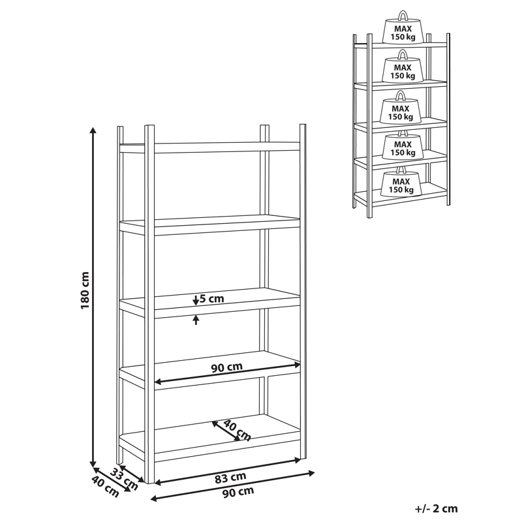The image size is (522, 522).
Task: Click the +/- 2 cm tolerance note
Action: [x=436, y=508]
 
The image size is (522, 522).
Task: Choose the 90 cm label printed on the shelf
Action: [x=226, y=367]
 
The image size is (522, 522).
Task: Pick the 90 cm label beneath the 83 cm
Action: [x=238, y=492]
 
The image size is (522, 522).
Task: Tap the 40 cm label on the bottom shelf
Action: [x=236, y=431]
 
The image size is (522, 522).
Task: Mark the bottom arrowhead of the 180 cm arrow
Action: [x=94, y=459]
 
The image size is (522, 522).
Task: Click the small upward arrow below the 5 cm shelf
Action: [x=196, y=320]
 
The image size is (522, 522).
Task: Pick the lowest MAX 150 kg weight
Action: [x=401, y=183]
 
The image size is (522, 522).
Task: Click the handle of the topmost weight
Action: [x=403, y=15]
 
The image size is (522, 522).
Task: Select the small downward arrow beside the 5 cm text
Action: [x=196, y=300]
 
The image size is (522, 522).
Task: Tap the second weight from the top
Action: [x=402, y=69]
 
